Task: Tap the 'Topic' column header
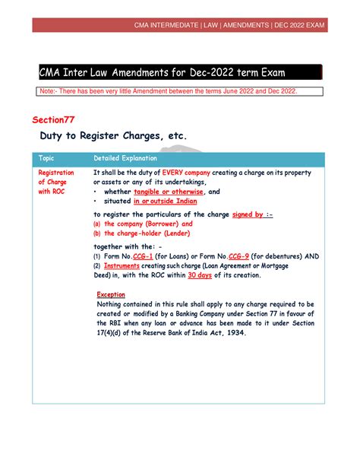(x=47, y=159)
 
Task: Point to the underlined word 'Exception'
(x=111, y=295)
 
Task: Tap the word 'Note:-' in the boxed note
(x=52, y=91)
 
